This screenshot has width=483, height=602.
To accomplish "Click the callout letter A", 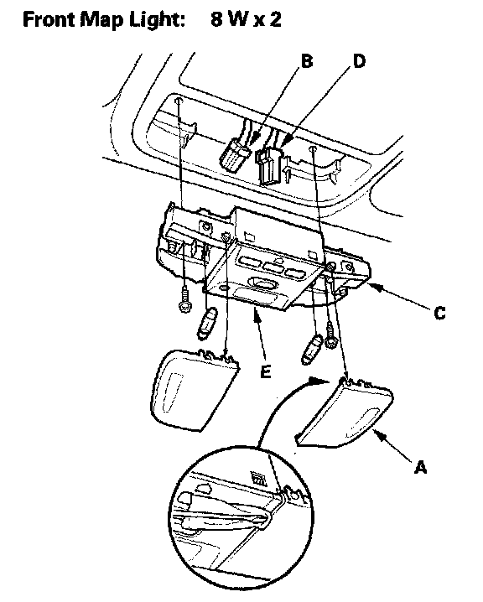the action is pos(421,467).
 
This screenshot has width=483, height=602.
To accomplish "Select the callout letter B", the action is pos(306,61).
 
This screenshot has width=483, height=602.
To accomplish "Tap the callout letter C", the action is pos(440,313).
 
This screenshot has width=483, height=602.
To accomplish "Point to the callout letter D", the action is pos(359,61).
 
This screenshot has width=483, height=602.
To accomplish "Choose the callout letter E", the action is pos(265,371).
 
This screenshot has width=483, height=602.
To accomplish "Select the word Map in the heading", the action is pos(101,21).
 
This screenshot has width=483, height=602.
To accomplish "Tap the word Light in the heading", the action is pos(157,20).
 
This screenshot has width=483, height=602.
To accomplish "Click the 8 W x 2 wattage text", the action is pos(246,19).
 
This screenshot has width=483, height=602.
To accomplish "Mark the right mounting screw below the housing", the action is pos(330,335).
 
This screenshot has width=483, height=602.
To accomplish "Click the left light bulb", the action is pos(206,324).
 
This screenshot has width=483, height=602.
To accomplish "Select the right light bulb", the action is pos(312,350).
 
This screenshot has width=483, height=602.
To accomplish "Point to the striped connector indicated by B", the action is pos(235,155).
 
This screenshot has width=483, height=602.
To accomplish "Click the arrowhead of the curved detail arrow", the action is pos(319,381).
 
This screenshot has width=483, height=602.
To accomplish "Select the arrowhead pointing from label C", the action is pos(375,287).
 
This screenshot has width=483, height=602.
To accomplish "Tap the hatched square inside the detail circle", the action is pos(257,479).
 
